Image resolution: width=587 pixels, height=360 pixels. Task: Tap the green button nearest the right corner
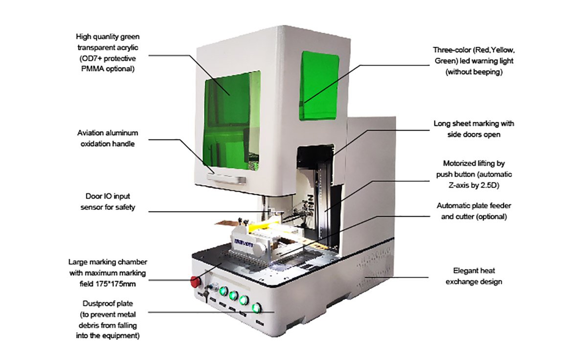coord(255,308)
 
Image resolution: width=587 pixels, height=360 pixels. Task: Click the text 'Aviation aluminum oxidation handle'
coord(108,138)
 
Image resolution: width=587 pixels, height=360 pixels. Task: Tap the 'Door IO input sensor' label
coord(107,202)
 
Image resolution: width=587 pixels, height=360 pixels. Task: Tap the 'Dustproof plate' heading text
coord(107,305)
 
